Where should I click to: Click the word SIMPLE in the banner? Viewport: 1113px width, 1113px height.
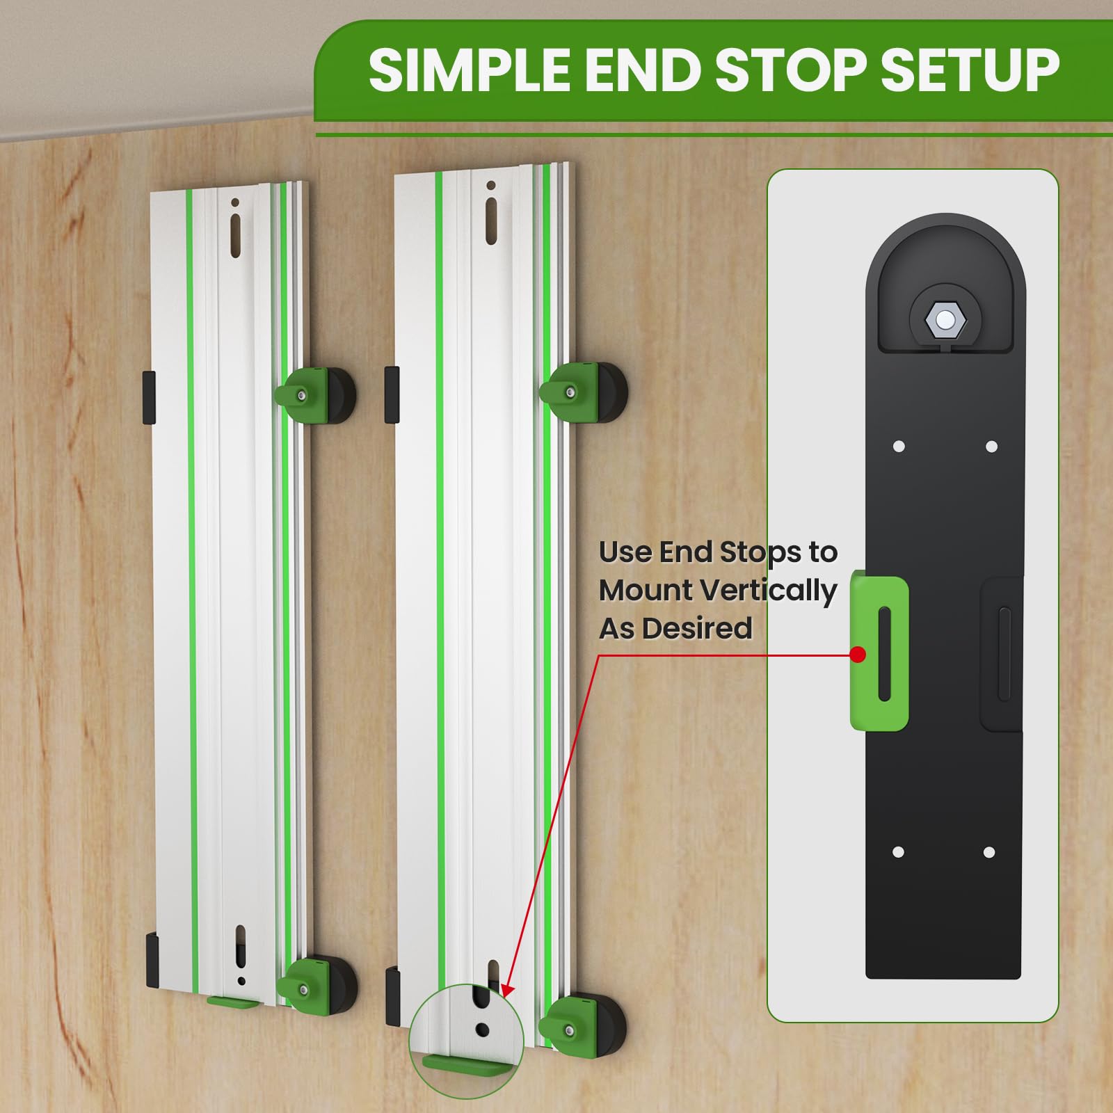click(469, 70)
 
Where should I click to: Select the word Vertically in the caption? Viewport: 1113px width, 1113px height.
click(768, 591)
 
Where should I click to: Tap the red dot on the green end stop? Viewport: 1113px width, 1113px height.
click(858, 655)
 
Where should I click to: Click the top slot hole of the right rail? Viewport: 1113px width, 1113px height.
click(492, 220)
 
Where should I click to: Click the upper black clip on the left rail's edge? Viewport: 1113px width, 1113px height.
click(149, 397)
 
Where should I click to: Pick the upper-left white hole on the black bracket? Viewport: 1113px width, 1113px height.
click(899, 446)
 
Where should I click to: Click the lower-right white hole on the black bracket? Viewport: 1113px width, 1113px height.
click(989, 852)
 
